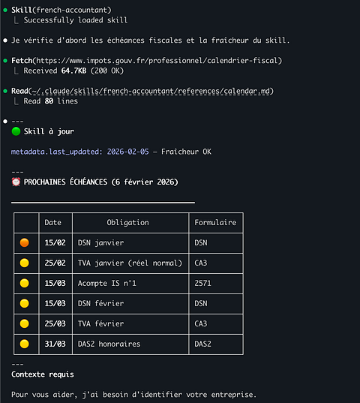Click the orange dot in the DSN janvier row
[x=25, y=242]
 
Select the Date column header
[x=53, y=223]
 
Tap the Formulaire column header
[x=215, y=223]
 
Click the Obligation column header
[x=127, y=223]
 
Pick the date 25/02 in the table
[x=55, y=263]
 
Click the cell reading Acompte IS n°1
[x=107, y=283]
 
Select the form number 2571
[x=202, y=283]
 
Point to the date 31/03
[x=55, y=344]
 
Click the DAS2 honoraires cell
[x=109, y=344]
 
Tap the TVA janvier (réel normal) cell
[x=130, y=263]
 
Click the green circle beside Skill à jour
[x=16, y=131]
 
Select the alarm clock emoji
[x=16, y=182]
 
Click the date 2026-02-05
[x=127, y=152]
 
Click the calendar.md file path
[x=151, y=91]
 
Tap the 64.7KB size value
[x=74, y=71]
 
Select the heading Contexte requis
[x=43, y=374]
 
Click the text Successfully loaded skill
[x=76, y=20]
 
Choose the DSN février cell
[x=101, y=303]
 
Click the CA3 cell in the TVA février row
[x=201, y=323]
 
